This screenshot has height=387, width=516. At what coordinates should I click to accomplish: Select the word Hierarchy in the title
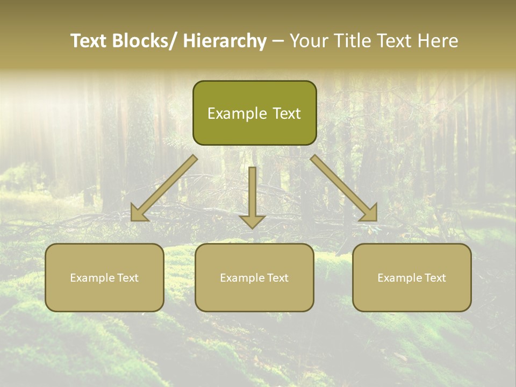click(225, 41)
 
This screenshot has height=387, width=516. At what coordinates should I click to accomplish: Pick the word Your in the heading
click(308, 41)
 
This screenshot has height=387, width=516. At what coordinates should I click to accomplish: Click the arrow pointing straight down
click(252, 193)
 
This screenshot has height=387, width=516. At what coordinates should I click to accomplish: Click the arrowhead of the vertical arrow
click(252, 221)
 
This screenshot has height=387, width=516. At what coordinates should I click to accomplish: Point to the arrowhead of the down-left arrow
click(139, 213)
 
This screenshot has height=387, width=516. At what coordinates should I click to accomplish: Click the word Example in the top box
click(235, 113)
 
